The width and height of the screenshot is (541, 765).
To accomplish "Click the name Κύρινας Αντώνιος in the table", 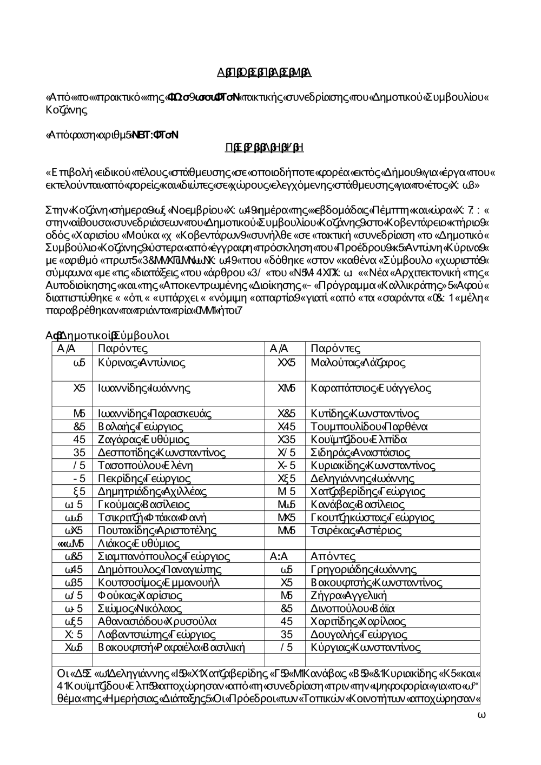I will click(142, 363).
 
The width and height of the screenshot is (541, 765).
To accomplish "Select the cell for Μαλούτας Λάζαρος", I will click(358, 363).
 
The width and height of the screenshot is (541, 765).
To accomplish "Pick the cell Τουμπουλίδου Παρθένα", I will click(370, 427).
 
